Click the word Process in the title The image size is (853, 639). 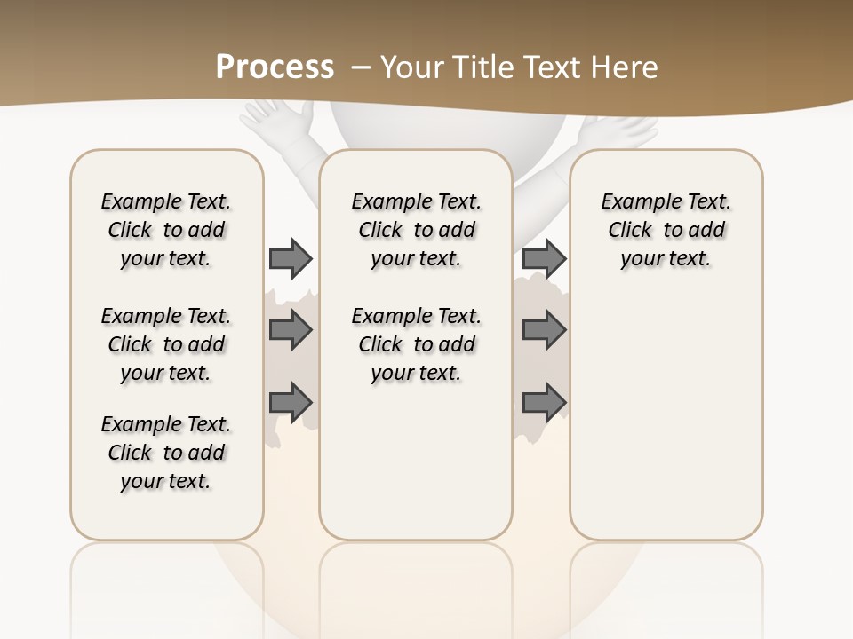click(x=275, y=67)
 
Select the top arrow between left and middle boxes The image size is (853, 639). click(x=291, y=258)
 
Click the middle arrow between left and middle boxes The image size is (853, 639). click(x=291, y=330)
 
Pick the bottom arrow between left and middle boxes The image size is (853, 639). click(x=291, y=401)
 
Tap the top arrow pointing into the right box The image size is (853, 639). click(x=544, y=258)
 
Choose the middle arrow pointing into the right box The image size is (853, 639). click(x=544, y=330)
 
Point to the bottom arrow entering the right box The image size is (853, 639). click(x=544, y=401)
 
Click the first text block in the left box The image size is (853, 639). click(x=166, y=230)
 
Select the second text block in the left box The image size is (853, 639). click(x=166, y=344)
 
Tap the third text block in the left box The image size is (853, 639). click(x=166, y=453)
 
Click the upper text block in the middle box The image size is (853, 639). click(x=416, y=230)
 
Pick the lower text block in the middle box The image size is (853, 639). click(x=416, y=344)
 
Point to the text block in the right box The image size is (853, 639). click(x=666, y=230)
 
